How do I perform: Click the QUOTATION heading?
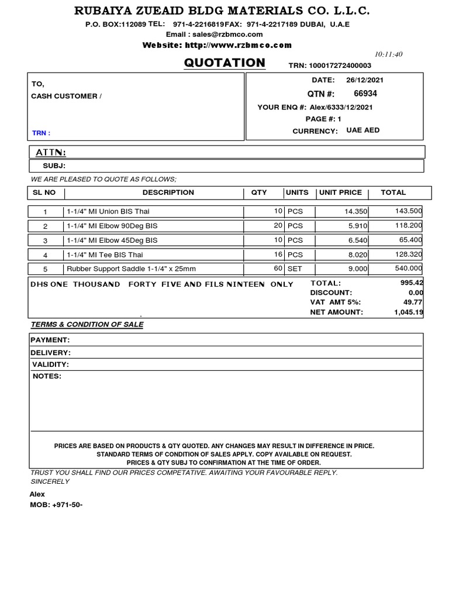tap(224, 63)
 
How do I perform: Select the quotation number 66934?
tap(365, 94)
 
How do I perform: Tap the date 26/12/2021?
tap(365, 80)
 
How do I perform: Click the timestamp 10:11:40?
tap(389, 54)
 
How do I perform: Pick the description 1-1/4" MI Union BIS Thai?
tap(104, 211)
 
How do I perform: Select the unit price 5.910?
tap(357, 225)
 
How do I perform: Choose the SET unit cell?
tap(294, 269)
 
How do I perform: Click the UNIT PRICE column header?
tap(340, 192)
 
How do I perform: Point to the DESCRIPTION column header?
tap(168, 192)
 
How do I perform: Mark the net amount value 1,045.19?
tap(407, 312)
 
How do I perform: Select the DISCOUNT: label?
tap(331, 292)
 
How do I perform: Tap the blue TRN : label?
tap(41, 133)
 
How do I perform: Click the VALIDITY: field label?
tap(51, 364)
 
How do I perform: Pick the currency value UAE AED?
tap(362, 130)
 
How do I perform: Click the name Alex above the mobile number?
tap(37, 494)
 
